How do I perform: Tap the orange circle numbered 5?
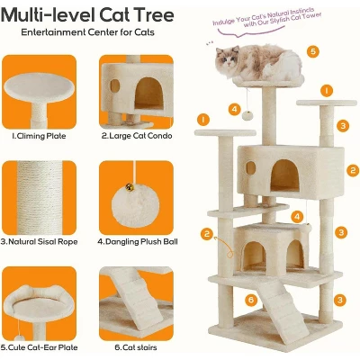coord(312,51)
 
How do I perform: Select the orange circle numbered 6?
coord(251,300)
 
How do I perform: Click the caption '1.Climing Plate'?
coord(39,136)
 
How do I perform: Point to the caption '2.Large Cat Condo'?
coord(137,136)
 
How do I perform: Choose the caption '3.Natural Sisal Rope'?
coord(40,242)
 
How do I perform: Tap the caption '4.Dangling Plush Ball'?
coord(138,242)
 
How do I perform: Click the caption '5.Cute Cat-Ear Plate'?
coord(40,347)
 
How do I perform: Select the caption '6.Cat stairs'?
coord(136,347)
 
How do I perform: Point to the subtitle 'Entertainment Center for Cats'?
coord(87,32)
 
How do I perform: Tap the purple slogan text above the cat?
coord(266,19)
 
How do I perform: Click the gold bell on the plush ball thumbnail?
coord(130,187)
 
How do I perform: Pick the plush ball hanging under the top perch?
coord(247,115)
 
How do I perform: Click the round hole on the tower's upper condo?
coord(251,168)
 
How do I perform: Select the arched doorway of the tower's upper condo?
coord(285,175)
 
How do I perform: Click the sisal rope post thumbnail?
coord(40,198)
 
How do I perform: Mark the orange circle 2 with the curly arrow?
coord(207,234)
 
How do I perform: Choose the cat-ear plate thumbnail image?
coord(40,303)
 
